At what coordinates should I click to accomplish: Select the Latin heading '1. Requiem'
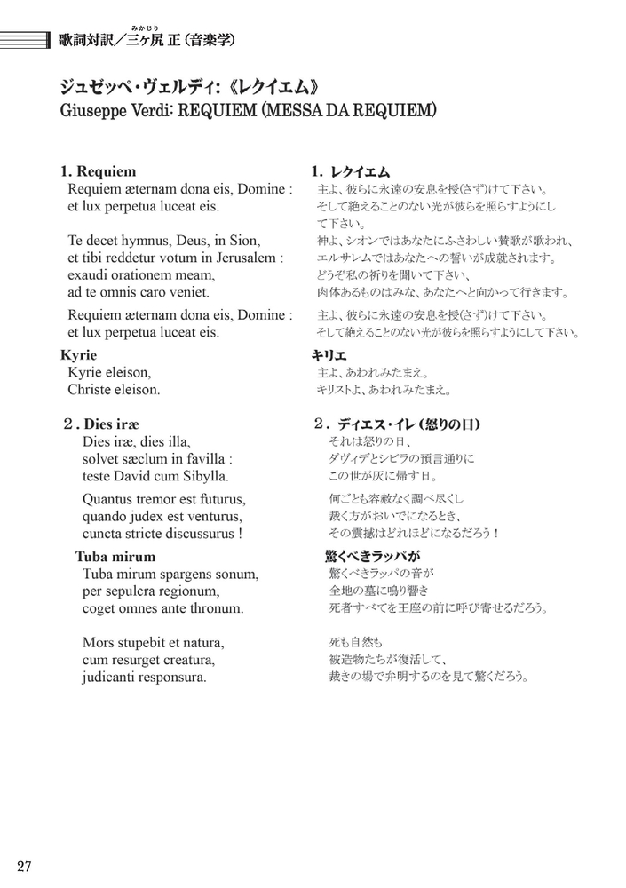(99, 171)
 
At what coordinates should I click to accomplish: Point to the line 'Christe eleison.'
(114, 390)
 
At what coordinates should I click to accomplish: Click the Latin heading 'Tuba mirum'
(115, 558)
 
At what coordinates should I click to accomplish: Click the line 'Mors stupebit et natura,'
(153, 642)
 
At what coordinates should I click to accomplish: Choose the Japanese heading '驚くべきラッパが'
(373, 558)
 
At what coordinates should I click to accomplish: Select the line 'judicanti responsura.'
(144, 677)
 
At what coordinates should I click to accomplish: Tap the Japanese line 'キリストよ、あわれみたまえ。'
(384, 390)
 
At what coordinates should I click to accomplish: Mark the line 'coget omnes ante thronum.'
(162, 608)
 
